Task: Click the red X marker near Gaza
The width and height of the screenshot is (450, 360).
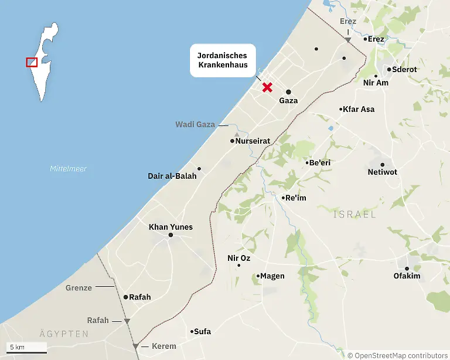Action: (267, 87)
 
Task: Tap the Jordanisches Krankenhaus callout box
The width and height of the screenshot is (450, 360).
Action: (223, 60)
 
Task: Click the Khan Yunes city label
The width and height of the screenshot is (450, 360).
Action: (171, 227)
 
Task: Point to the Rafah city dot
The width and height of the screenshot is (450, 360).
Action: (125, 297)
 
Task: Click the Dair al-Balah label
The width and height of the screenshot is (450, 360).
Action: (172, 176)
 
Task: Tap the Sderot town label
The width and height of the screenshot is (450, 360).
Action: (404, 69)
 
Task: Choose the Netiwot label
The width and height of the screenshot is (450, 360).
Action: (382, 172)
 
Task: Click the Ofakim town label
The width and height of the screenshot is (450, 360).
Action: (407, 276)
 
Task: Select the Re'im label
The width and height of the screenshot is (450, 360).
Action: (296, 198)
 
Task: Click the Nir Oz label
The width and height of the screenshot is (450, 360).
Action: (238, 258)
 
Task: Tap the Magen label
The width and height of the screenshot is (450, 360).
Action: (272, 276)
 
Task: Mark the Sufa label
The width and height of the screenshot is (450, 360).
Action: (203, 331)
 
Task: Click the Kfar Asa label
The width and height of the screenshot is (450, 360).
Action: (359, 109)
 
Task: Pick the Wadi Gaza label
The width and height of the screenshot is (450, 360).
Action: (195, 124)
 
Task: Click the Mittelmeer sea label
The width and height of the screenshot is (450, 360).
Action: (68, 169)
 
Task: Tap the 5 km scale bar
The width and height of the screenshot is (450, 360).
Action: (26, 351)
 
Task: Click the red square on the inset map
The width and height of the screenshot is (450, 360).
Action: (32, 62)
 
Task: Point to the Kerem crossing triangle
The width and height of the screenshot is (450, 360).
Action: (136, 347)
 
